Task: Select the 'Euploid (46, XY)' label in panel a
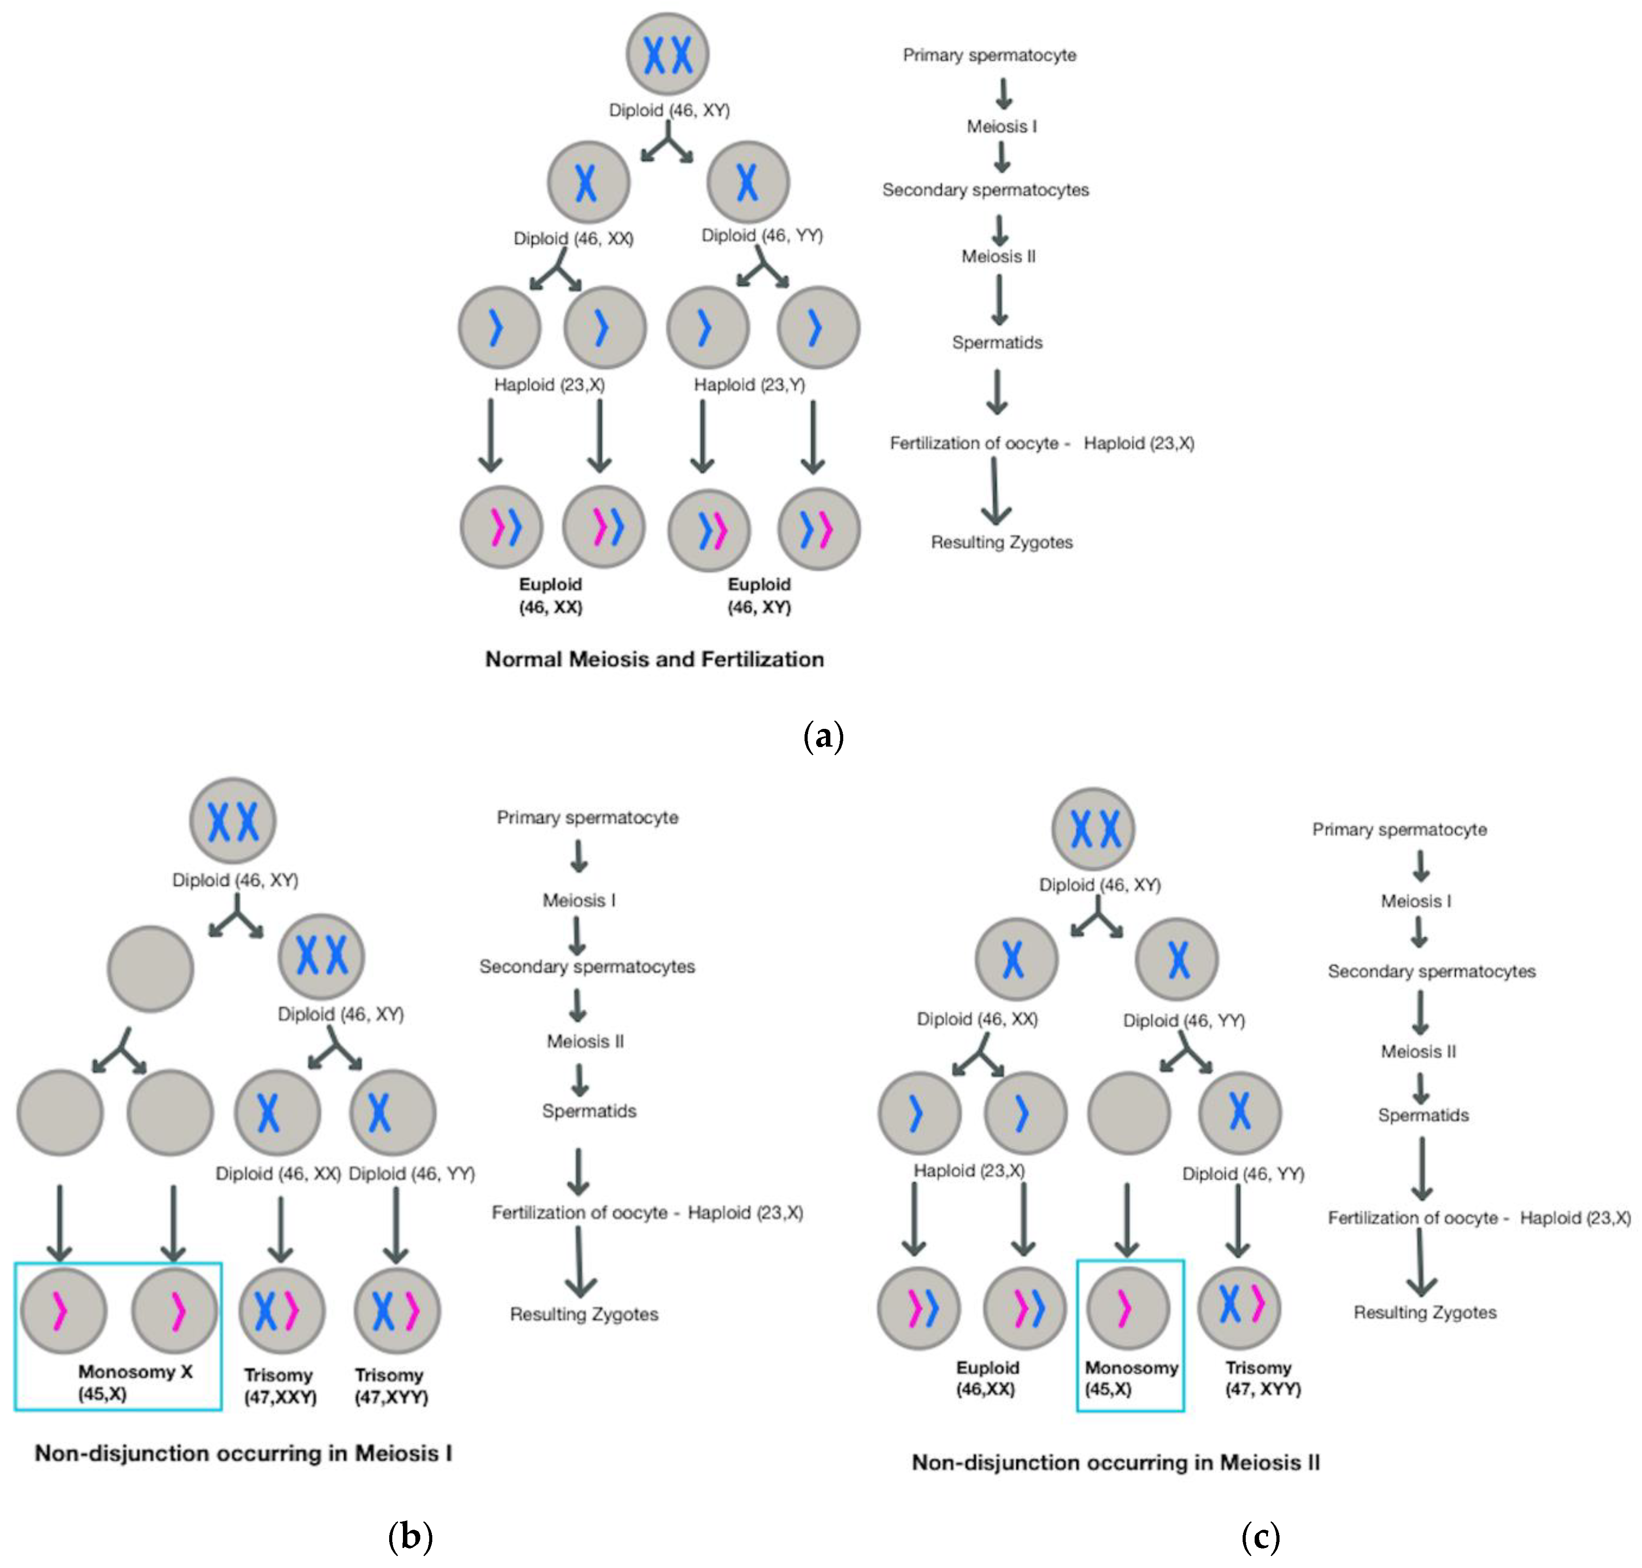758,595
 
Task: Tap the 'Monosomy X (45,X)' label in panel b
134,1383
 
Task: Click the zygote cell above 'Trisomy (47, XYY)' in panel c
1238,1307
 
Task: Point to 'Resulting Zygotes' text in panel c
1424,1312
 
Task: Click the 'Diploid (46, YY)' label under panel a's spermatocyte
762,236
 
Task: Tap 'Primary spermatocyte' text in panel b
587,817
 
